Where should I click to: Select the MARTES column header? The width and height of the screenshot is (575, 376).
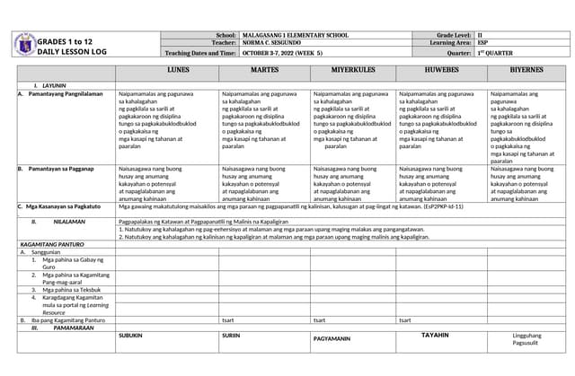[x=264, y=69]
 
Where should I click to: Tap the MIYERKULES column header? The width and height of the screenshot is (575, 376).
[x=352, y=69]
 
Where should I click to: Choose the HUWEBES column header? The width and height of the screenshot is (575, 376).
[x=441, y=69]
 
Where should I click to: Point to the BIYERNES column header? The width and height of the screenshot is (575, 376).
[x=526, y=69]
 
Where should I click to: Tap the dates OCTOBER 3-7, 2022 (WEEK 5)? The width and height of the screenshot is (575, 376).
[x=288, y=53]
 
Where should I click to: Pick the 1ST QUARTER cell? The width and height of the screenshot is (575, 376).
[x=493, y=53]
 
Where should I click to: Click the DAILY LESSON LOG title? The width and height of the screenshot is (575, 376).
[x=72, y=52]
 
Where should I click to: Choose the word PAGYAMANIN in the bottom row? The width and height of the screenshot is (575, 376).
[x=332, y=338]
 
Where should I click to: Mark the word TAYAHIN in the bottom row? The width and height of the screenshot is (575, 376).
[x=435, y=335]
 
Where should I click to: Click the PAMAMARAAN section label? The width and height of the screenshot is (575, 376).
[x=67, y=328]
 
